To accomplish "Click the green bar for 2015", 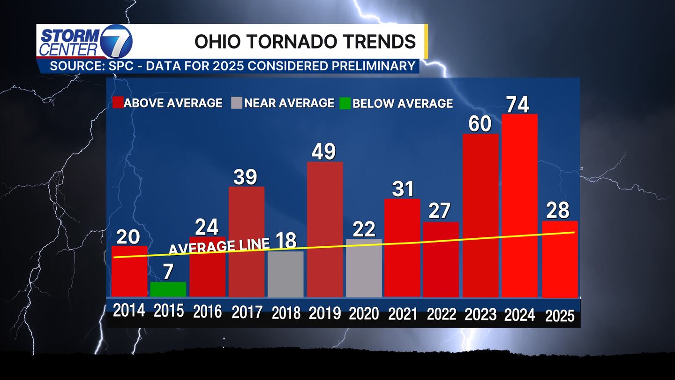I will pyautogui.click(x=168, y=289).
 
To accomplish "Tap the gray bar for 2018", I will pyautogui.click(x=285, y=274).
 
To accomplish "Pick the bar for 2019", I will pyautogui.click(x=324, y=229).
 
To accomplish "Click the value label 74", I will pyautogui.click(x=517, y=104).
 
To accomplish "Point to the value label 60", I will pyautogui.click(x=480, y=124).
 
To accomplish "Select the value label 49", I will pyautogui.click(x=324, y=152).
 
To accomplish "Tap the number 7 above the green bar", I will pyautogui.click(x=168, y=272).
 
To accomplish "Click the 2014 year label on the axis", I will pyautogui.click(x=129, y=311).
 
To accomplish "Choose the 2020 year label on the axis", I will pyautogui.click(x=363, y=312).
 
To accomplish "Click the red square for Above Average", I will pyautogui.click(x=118, y=103).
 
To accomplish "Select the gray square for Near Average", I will pyautogui.click(x=237, y=103).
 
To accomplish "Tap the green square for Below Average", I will pyautogui.click(x=345, y=103).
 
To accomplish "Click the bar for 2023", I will pyautogui.click(x=480, y=215).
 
